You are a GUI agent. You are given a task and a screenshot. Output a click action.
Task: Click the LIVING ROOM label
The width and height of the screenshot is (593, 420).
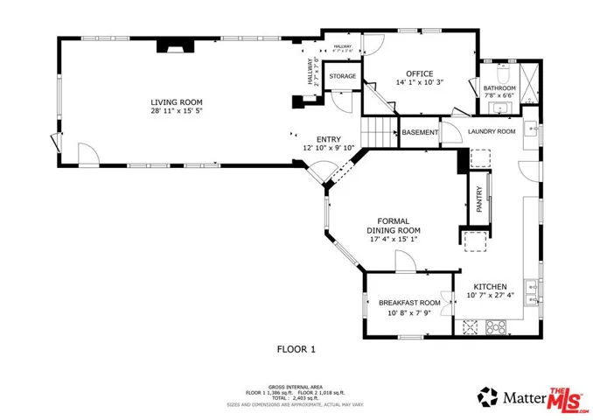[171, 101]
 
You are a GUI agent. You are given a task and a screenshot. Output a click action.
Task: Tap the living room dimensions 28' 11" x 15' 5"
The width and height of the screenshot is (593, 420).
[171, 112]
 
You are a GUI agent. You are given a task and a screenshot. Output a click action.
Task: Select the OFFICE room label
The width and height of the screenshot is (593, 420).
[420, 73]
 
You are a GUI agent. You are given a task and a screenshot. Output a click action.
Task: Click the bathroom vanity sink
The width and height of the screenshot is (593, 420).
[500, 108]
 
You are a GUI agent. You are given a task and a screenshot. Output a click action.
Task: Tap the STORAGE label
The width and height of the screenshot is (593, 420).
[342, 77]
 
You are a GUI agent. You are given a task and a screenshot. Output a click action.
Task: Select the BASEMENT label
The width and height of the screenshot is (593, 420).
[420, 132]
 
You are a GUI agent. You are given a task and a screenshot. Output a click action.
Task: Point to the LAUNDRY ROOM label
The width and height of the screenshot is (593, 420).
[491, 132]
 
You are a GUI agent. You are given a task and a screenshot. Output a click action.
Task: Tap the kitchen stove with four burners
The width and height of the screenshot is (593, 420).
[497, 328]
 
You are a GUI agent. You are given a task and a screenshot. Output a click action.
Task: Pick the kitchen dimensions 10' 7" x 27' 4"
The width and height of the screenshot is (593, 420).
[491, 297]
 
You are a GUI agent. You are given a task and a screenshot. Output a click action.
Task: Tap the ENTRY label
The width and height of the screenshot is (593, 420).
[328, 139]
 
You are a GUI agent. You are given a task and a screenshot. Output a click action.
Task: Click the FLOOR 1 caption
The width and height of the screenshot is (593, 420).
[296, 349]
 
